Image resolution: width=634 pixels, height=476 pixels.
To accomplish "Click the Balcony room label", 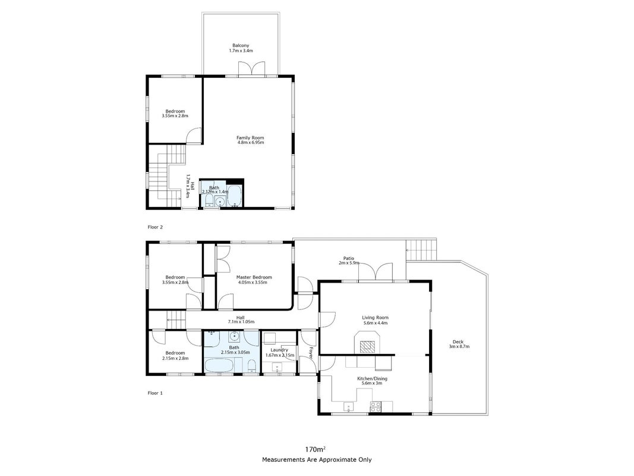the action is [x=241, y=45].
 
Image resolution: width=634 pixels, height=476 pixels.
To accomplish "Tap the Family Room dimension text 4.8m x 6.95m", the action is [x=250, y=142].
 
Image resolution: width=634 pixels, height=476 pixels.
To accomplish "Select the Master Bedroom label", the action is [x=254, y=277].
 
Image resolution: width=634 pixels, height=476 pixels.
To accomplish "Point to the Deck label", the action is [x=458, y=342].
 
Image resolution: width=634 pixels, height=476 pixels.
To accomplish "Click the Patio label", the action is [x=349, y=258].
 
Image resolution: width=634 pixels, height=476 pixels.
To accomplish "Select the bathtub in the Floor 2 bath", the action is [x=235, y=196].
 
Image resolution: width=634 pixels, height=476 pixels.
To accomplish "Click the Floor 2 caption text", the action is [x=155, y=227].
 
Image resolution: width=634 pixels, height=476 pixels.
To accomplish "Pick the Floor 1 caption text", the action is [x=155, y=393].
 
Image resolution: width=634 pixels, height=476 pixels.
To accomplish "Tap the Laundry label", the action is [x=279, y=350].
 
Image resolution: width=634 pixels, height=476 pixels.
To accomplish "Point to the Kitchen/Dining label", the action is [x=372, y=379].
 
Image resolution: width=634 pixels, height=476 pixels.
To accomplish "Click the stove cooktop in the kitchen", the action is [x=375, y=407].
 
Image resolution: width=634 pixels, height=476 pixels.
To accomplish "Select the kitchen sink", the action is [x=349, y=407].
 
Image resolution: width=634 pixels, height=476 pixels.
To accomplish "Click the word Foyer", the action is [x=311, y=353].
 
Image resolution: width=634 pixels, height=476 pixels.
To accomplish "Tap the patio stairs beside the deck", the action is [x=422, y=250].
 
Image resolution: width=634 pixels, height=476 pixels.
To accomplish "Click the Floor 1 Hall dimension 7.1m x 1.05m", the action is [x=241, y=322].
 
